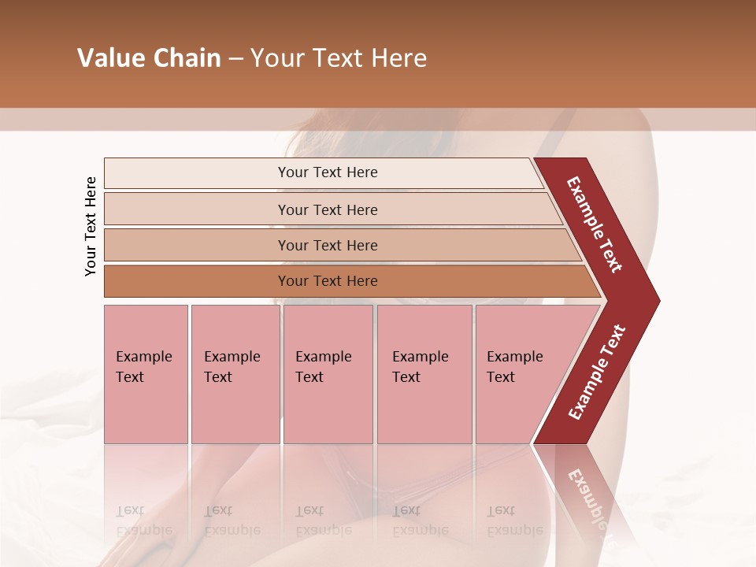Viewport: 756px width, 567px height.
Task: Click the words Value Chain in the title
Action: point(149,58)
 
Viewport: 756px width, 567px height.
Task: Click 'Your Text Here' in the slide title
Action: point(339,58)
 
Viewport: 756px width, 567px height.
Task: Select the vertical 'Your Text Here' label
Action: point(91,226)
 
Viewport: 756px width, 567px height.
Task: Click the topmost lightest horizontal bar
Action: point(327,172)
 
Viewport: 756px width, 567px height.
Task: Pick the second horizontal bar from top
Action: point(328,209)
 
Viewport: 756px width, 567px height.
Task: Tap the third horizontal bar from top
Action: point(328,245)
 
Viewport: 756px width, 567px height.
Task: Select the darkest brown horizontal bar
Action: point(328,281)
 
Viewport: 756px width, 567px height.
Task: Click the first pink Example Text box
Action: point(146,373)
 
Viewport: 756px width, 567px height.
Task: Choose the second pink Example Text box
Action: point(235,373)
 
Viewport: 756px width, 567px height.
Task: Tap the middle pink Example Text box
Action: point(328,373)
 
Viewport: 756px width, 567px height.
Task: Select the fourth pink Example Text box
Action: point(424,373)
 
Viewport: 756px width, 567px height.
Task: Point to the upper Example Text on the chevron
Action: point(595,224)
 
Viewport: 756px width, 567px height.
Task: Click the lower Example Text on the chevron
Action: point(596,372)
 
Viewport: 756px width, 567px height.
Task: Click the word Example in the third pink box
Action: point(323,357)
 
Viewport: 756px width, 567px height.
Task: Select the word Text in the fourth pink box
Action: point(406,377)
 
